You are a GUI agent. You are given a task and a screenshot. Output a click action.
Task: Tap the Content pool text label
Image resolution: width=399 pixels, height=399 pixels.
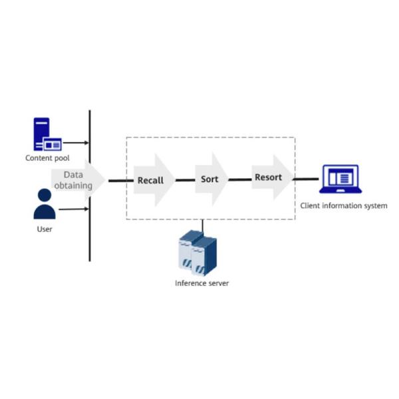(47, 158)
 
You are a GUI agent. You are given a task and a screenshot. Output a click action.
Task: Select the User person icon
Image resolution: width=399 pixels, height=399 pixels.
(45, 204)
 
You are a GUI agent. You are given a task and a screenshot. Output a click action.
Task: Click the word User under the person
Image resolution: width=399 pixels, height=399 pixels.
(45, 229)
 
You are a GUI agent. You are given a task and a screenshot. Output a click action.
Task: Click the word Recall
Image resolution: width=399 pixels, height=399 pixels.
(150, 180)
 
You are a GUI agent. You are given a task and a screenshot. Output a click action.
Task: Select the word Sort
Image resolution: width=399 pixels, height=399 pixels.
(209, 179)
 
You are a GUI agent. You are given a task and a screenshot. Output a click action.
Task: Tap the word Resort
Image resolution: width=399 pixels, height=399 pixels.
(268, 178)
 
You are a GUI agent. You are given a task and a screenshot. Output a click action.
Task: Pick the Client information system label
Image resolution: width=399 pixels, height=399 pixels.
(343, 206)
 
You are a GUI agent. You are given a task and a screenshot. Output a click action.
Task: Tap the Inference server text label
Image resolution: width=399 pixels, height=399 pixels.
(201, 283)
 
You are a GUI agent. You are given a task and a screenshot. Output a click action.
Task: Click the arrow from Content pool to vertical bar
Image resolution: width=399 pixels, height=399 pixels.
(74, 142)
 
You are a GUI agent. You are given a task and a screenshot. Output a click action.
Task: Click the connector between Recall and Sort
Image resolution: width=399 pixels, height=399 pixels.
(185, 180)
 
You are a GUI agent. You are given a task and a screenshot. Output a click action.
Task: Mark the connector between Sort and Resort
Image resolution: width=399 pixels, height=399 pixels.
(240, 179)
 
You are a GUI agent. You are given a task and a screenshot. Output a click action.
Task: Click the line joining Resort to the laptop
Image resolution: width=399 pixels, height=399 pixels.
(307, 179)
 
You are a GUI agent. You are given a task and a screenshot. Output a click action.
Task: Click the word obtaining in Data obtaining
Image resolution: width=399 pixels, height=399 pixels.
(73, 186)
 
